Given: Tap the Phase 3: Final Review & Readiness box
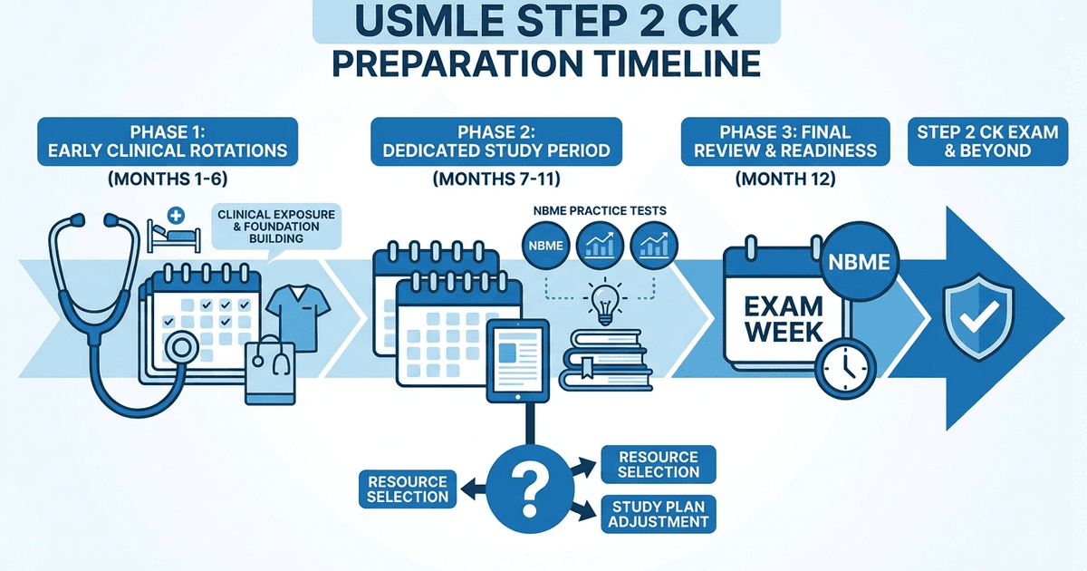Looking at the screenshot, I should coord(784,141).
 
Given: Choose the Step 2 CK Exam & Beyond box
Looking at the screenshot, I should coord(988,141).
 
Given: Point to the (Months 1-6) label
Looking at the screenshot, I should coord(168,179).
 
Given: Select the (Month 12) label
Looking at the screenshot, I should coord(784,179).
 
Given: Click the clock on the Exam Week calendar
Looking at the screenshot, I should coord(842,364).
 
